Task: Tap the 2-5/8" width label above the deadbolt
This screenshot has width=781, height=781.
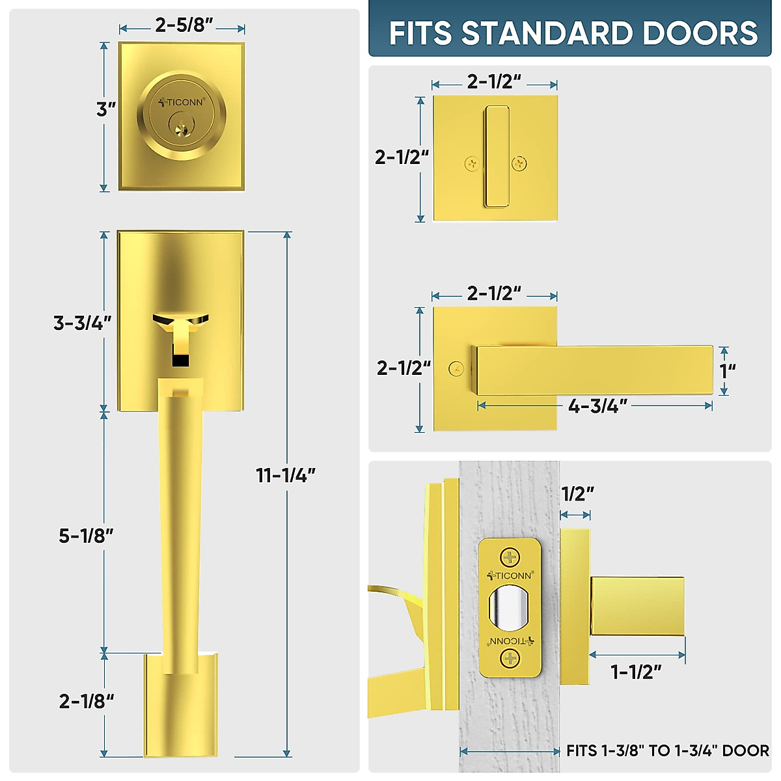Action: pos(184,25)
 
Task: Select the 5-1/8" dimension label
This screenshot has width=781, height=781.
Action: pos(86,536)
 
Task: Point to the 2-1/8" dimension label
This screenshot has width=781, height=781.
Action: pos(86,701)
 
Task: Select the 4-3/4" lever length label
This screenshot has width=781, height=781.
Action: pos(597,406)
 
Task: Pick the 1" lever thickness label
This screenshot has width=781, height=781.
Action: pos(728,370)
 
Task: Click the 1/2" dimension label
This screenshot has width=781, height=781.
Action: pos(577,494)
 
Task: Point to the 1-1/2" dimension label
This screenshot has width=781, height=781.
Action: pos(636,671)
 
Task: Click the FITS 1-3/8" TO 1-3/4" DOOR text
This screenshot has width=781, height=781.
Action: pos(667,751)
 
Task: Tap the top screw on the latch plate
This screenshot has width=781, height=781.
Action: pos(510,557)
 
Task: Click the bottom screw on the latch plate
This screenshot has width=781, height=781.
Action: pos(510,659)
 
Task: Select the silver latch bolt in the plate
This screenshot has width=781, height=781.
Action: pos(510,609)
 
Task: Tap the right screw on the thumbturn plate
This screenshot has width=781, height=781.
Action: pos(519,164)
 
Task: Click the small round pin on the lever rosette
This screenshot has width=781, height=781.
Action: pos(456,369)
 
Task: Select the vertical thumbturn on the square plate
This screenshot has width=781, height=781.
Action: pos(496,156)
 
